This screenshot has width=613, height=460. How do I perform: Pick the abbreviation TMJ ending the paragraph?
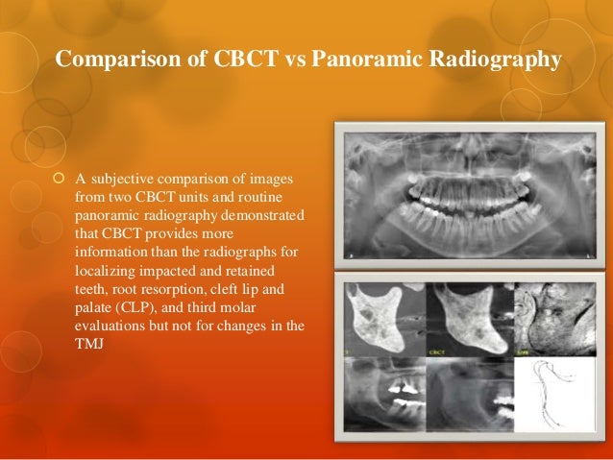[87, 344]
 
